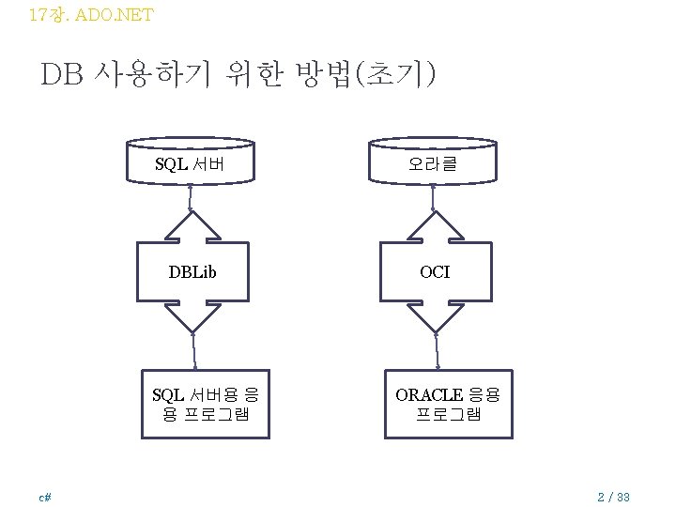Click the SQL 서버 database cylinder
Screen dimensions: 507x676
(191, 161)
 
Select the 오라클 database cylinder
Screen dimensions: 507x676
(433, 161)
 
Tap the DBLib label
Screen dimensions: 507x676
(192, 272)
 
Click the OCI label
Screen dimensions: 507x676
(435, 272)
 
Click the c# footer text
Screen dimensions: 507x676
(44, 496)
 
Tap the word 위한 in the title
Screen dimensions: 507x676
(253, 74)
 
